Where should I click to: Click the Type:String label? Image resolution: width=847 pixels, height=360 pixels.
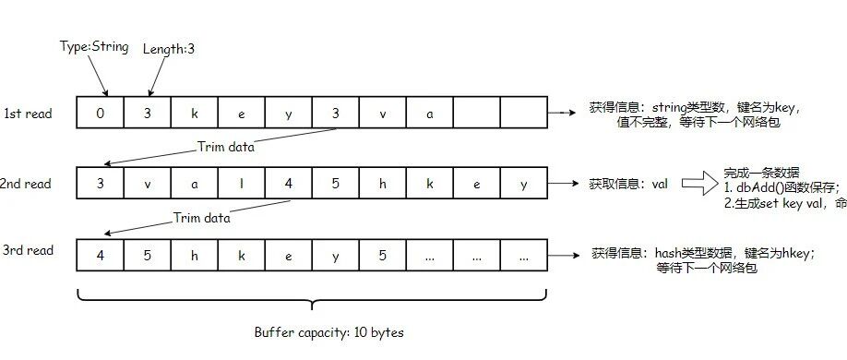(x=94, y=47)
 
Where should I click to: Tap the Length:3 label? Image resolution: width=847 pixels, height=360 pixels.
(x=169, y=49)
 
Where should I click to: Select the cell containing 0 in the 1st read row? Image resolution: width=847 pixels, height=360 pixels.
(x=101, y=113)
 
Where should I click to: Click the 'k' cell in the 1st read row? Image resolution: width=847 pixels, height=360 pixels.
(x=195, y=113)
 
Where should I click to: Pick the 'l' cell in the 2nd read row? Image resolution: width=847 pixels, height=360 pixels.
(x=242, y=184)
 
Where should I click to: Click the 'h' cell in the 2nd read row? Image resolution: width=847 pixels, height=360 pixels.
(x=383, y=184)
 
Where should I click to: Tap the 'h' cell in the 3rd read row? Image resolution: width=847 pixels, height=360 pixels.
(x=195, y=255)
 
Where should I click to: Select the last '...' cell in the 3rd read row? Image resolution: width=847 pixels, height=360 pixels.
(x=523, y=255)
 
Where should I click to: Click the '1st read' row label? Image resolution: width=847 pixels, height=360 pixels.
(x=28, y=114)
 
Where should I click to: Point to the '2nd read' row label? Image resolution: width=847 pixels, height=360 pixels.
(x=26, y=184)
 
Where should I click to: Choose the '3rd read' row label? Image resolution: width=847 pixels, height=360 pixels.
(x=28, y=250)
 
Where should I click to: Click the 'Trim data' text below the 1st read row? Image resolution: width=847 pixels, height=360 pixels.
(x=226, y=147)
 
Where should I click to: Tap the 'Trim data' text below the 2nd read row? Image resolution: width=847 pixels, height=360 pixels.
(x=201, y=218)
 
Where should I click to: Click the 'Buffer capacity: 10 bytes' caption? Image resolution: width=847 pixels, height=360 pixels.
(x=329, y=332)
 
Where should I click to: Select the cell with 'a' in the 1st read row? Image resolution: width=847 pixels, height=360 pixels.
(x=429, y=113)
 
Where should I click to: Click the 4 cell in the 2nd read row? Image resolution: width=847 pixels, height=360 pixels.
(x=289, y=184)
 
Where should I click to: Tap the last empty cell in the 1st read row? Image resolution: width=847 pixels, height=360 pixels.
(x=523, y=113)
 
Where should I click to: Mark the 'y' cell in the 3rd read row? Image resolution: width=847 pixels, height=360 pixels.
(x=336, y=255)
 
